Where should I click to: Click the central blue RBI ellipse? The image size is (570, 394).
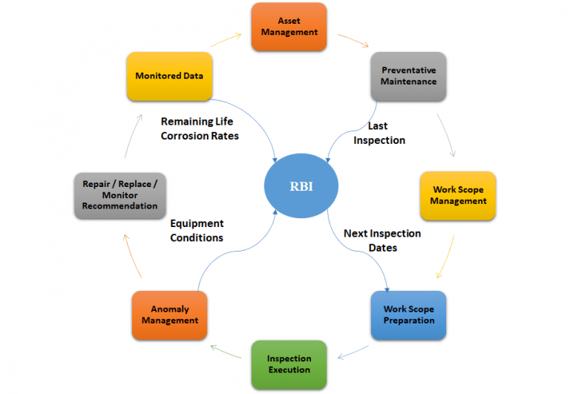point(302,185)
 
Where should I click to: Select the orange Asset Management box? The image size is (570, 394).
point(289,27)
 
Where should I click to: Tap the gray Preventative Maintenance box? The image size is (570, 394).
point(408,76)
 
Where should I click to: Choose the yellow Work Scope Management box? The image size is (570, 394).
point(457,196)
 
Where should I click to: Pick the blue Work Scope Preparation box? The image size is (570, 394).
point(408,315)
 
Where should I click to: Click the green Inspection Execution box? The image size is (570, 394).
point(289,364)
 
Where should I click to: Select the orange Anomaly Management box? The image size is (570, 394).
point(169,315)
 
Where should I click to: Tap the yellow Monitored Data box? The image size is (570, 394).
point(169,76)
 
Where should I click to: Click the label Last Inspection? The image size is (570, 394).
point(379,134)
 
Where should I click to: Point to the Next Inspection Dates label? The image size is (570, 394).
point(381,240)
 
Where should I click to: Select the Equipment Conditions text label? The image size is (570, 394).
point(197,231)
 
